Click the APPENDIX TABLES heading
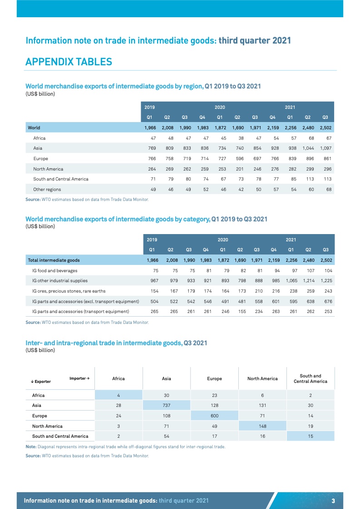coord(69,62)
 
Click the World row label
coord(34,128)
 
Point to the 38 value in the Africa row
coord(241,138)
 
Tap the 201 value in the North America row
coord(239,169)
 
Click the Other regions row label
coord(47,189)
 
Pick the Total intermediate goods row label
coord(54,260)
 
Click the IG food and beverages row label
coord(54,270)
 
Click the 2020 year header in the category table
coord(223,239)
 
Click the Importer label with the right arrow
coord(79,378)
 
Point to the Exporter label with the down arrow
coord(41,382)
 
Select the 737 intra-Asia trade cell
coord(166,405)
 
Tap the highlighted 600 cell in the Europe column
coord(214,416)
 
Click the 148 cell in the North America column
coord(262,426)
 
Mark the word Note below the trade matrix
coord(32,446)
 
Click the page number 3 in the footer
coord(333,500)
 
